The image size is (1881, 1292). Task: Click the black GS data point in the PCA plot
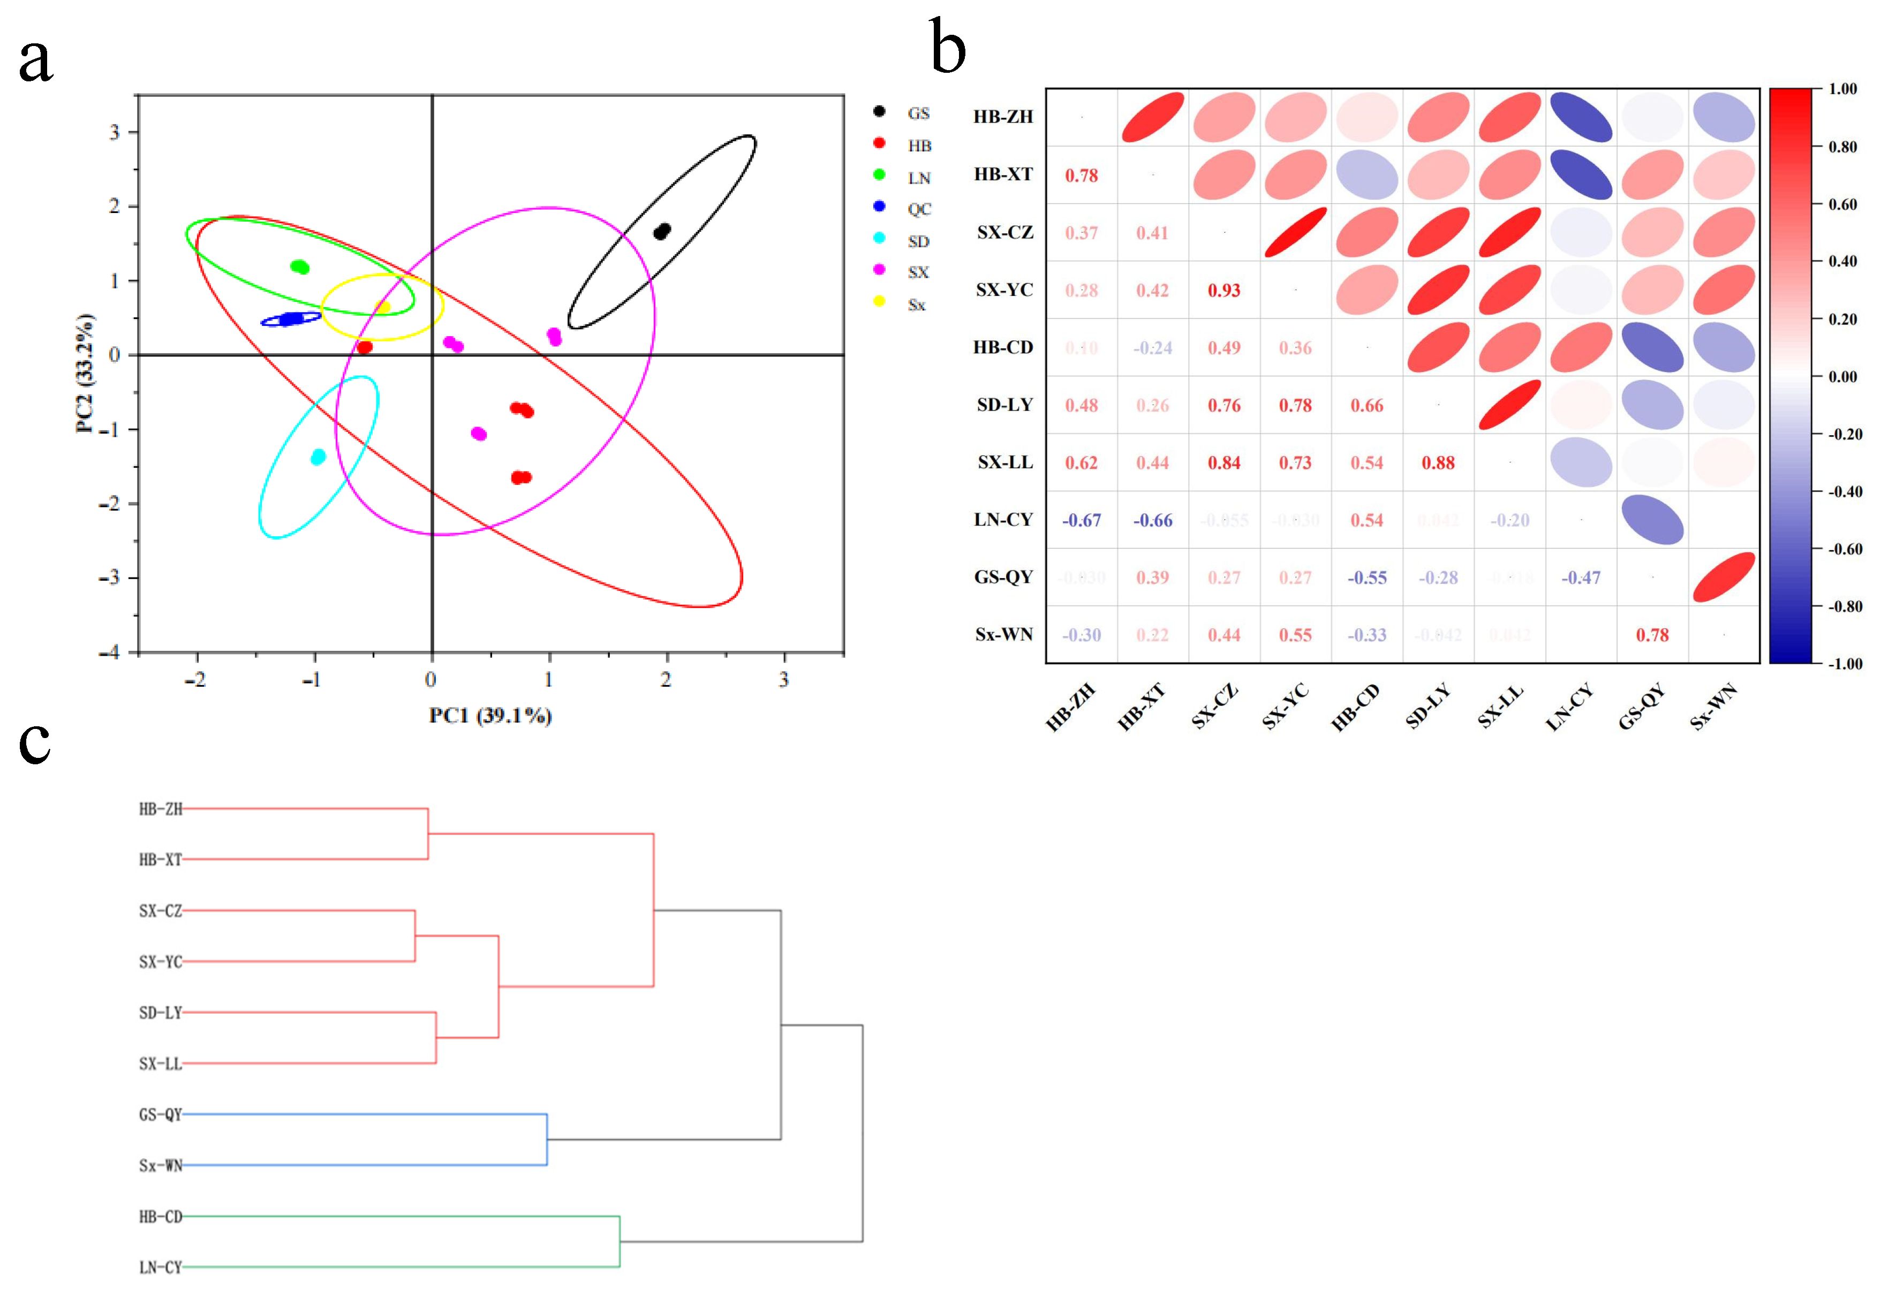[x=662, y=232]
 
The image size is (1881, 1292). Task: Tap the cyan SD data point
[x=318, y=458]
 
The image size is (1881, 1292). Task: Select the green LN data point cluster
[x=300, y=267]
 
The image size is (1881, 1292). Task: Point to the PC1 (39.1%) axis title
[x=490, y=716]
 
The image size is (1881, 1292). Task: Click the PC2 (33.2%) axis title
[x=85, y=373]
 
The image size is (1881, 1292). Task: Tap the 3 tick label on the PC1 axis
[x=783, y=680]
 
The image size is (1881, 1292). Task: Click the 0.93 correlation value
[x=1223, y=291]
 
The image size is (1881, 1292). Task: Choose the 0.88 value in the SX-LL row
[x=1438, y=463]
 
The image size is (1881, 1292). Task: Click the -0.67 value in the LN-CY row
[x=1081, y=521]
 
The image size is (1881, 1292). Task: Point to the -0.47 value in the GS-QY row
[x=1581, y=578]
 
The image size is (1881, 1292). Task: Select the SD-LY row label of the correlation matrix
[x=1004, y=405]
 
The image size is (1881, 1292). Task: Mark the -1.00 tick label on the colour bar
[x=1841, y=664]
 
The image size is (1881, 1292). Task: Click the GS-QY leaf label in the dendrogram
[x=160, y=1115]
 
